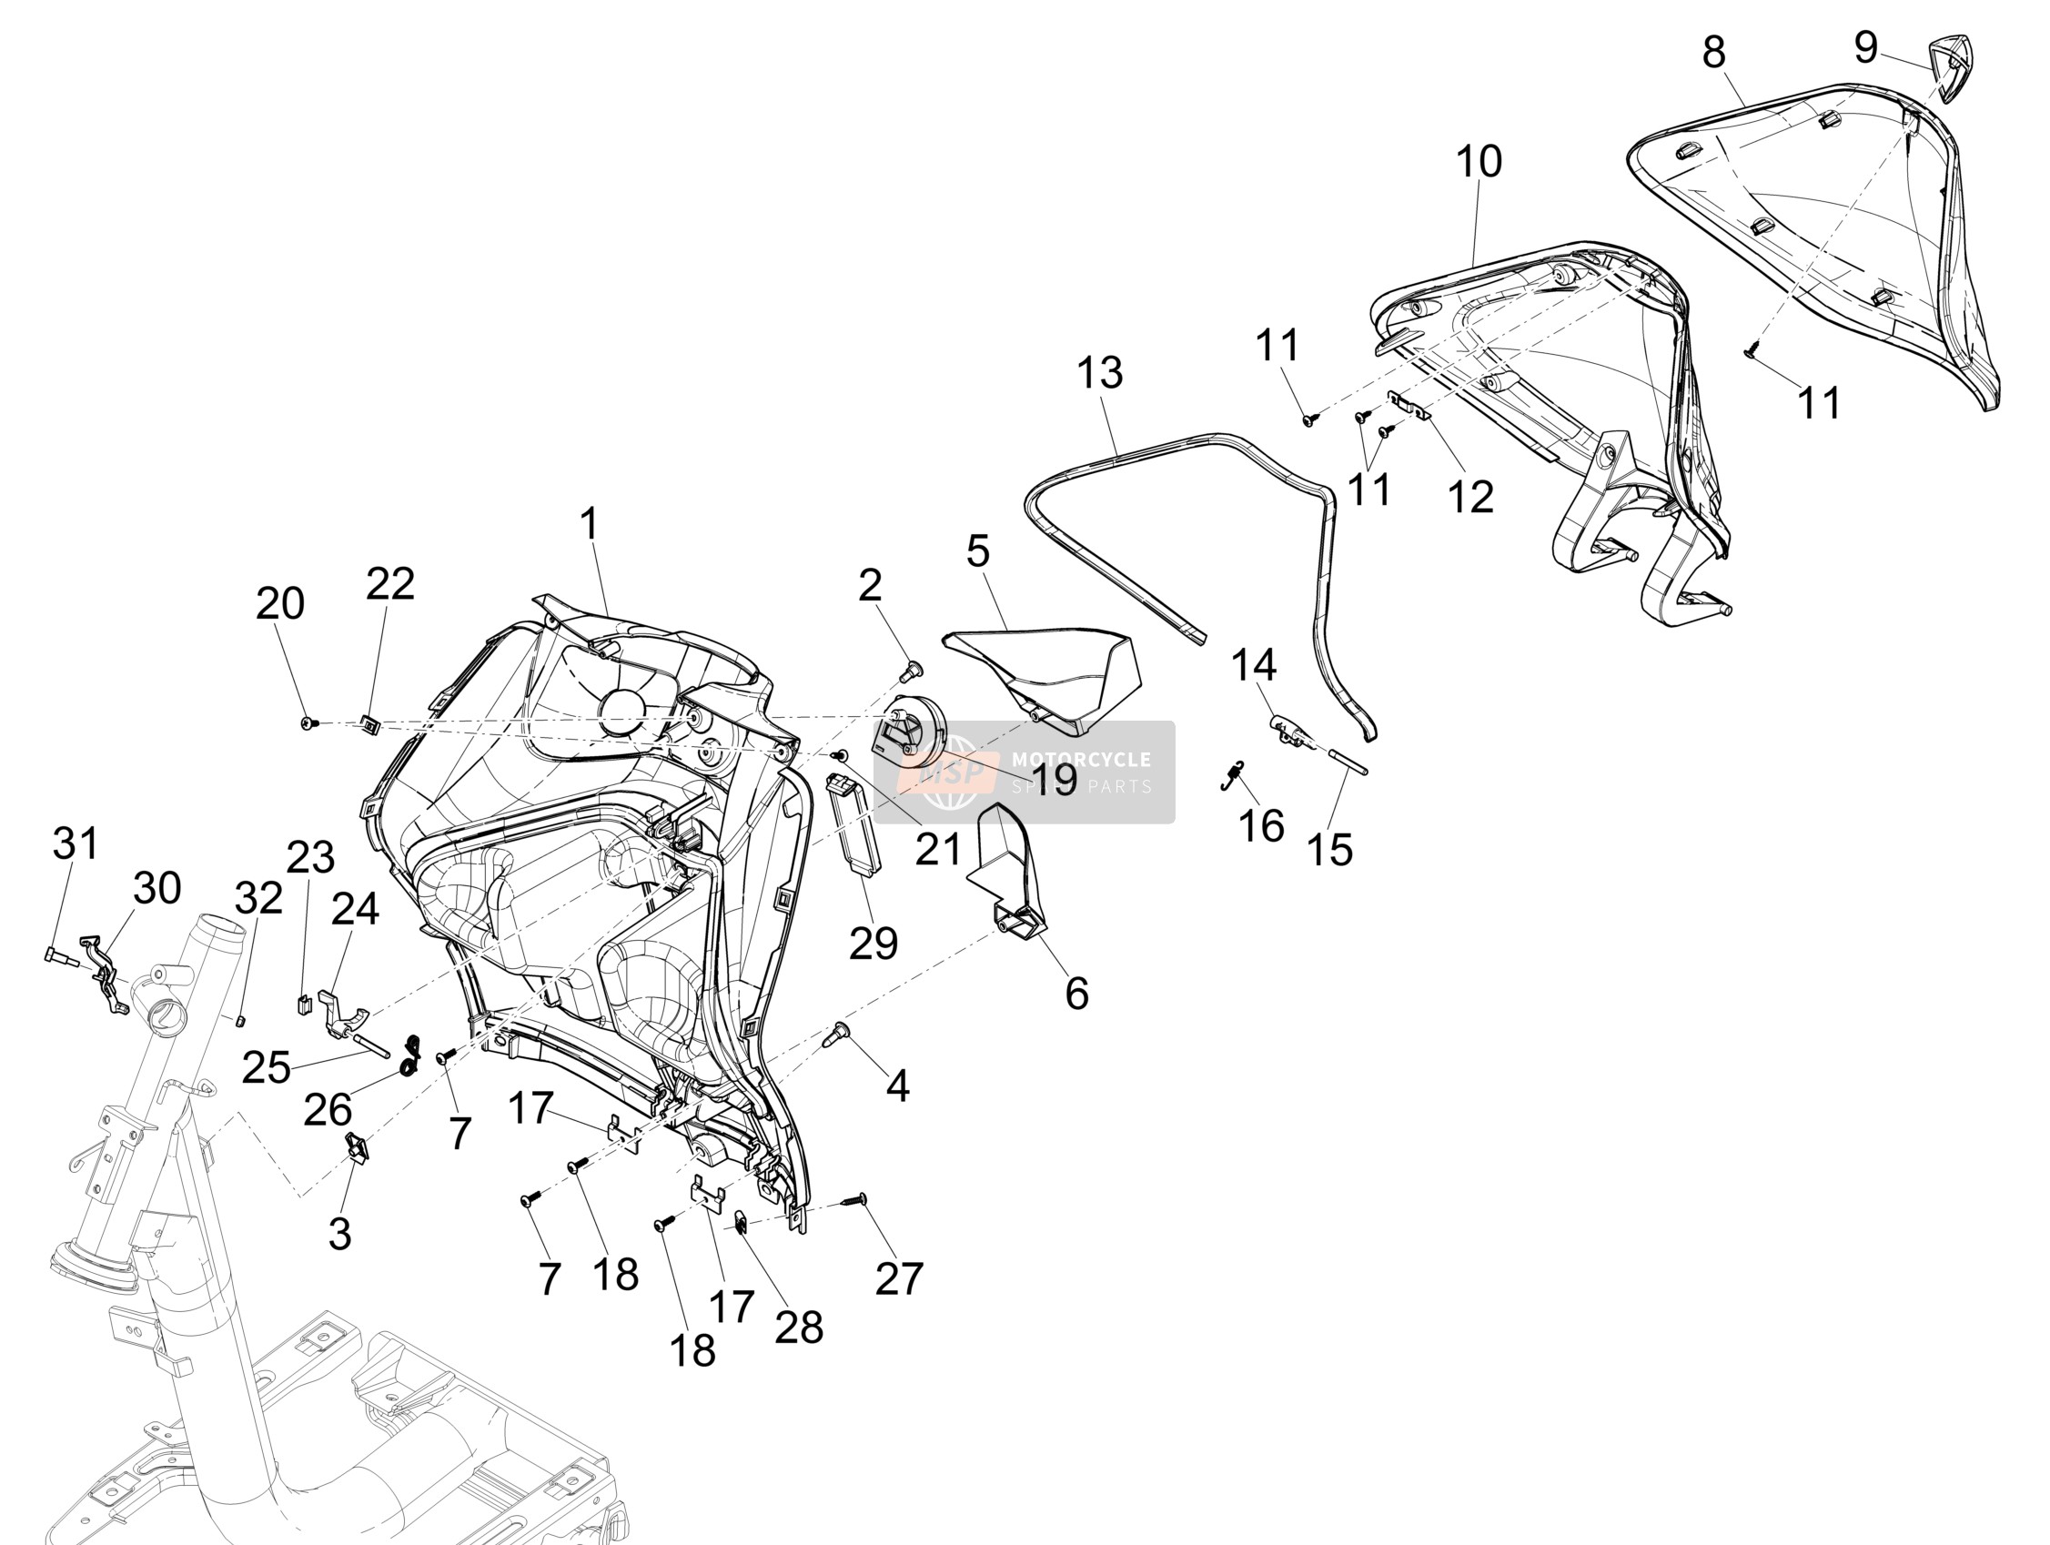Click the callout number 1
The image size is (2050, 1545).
[x=591, y=525]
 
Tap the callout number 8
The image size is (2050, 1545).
[x=1714, y=53]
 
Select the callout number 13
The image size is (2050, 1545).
[x=1100, y=372]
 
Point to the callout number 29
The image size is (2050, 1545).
[x=873, y=943]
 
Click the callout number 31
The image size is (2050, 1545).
[x=76, y=843]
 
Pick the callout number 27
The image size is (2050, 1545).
[x=899, y=1279]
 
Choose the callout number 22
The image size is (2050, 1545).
[x=390, y=584]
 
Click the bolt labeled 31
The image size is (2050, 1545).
[x=55, y=954]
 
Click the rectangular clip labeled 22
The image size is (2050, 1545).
[x=370, y=725]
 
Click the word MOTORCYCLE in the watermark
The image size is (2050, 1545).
[x=1081, y=760]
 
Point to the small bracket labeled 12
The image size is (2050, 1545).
[x=1409, y=404]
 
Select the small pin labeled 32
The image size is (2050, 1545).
[x=238, y=1020]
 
